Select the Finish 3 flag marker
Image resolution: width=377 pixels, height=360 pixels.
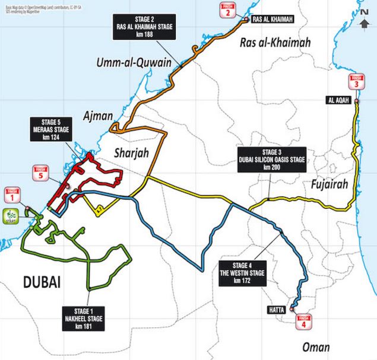(356, 82)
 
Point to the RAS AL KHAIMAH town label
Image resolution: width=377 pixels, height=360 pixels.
(273, 20)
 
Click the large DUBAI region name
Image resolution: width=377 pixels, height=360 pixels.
(42, 282)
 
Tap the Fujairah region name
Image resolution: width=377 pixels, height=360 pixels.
(329, 184)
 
